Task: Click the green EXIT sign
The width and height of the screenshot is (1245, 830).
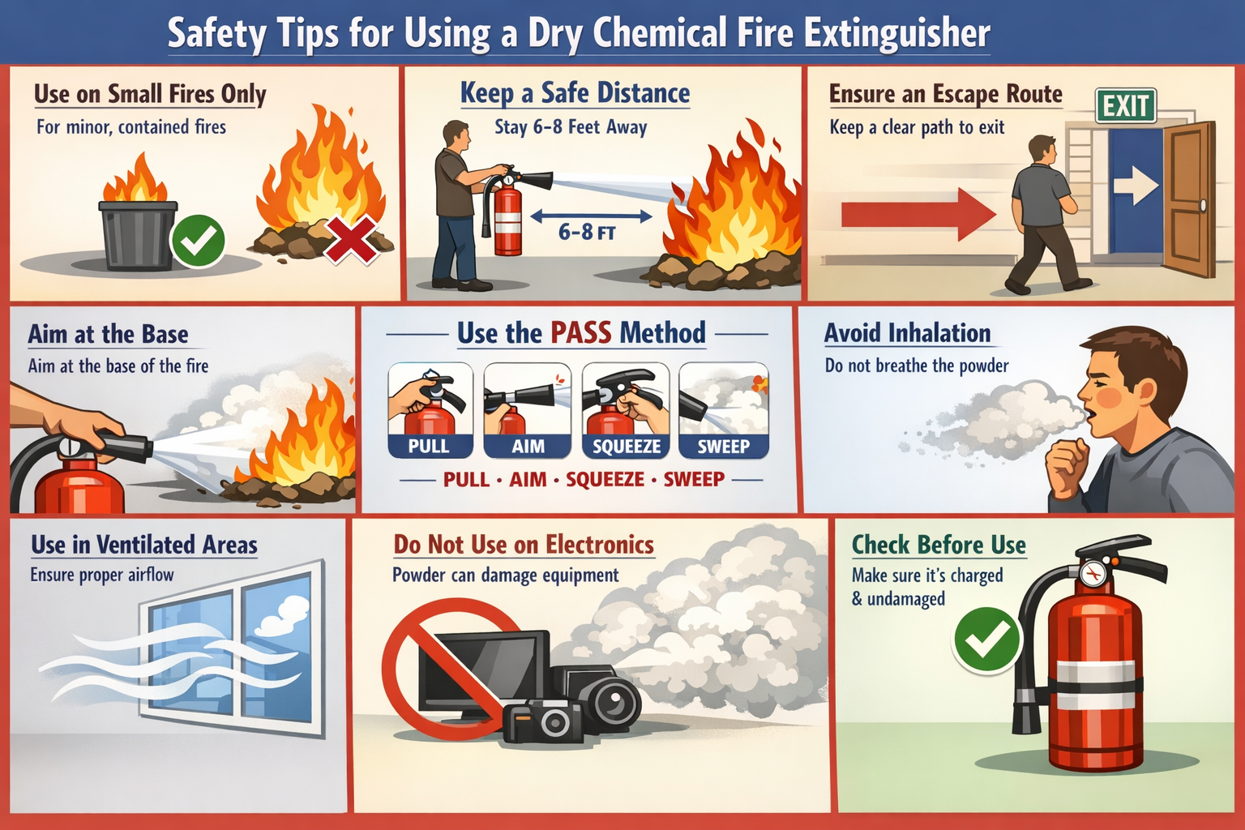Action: tap(1126, 105)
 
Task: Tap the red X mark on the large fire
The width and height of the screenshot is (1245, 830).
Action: tap(352, 240)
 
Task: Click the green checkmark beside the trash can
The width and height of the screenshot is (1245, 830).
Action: tap(199, 241)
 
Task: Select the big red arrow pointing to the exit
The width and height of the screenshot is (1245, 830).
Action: tap(918, 214)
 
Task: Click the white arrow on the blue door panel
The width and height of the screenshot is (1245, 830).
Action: tap(1136, 186)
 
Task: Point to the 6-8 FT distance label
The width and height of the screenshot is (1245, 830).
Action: tap(587, 233)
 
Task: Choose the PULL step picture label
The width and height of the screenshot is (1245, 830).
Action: tap(429, 447)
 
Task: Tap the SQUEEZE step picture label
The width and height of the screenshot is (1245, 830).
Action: tap(626, 447)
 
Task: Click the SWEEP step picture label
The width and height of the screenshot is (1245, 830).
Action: tap(723, 447)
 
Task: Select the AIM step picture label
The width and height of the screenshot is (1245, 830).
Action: tap(528, 447)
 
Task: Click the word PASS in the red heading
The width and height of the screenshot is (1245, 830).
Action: tap(580, 333)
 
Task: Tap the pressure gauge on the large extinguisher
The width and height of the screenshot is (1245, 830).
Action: tap(1093, 574)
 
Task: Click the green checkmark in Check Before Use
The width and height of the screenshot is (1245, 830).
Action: tap(986, 640)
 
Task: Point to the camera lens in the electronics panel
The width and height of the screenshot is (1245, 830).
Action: tap(610, 700)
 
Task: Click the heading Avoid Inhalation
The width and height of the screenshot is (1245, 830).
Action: tap(907, 333)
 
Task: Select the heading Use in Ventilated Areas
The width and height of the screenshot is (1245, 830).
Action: tap(144, 545)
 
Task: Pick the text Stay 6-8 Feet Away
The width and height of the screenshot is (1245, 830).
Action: tap(571, 127)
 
